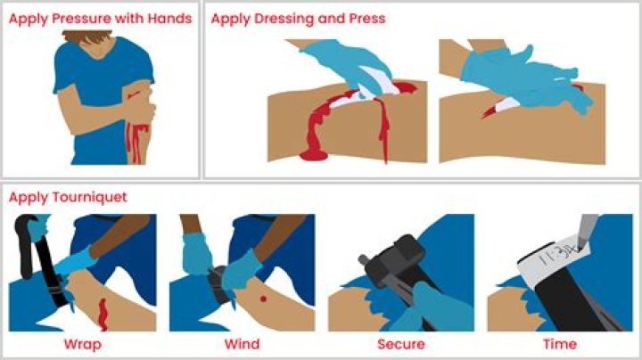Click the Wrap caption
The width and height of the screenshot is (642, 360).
pos(83,345)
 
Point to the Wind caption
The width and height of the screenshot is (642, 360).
pos(242,344)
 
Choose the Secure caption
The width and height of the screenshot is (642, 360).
pos(401,344)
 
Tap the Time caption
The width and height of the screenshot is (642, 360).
pos(560,344)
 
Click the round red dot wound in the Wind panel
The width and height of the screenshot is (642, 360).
pos(264,299)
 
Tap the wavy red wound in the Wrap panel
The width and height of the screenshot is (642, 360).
pos(103,315)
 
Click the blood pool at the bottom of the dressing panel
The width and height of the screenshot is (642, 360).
pos(314,155)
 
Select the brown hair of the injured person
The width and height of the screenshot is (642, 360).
pos(87,37)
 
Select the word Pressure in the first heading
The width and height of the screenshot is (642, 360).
pos(82,19)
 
